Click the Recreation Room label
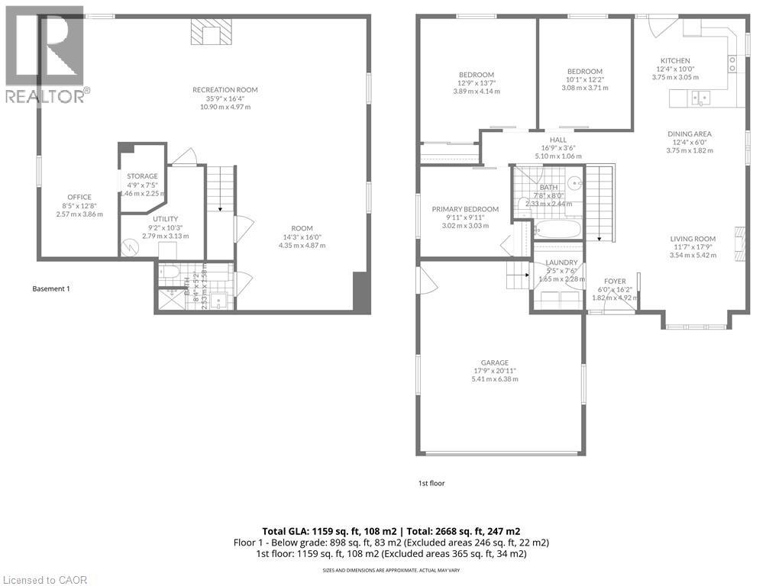225,90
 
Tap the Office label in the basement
79,198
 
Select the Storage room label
142,176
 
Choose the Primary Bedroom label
465,209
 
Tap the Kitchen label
675,61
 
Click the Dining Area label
690,134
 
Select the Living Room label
690,237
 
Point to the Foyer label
615,281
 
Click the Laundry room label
561,262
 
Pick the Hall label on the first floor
558,140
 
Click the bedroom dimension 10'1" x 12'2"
585,79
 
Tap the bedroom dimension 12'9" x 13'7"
476,82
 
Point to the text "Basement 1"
51,288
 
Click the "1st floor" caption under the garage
431,483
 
